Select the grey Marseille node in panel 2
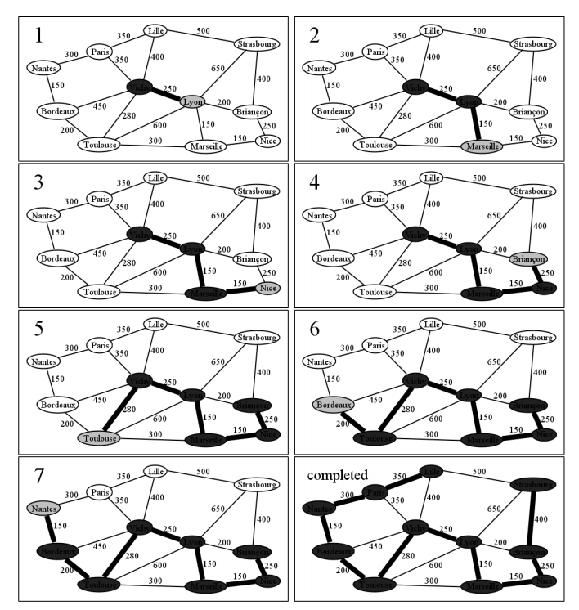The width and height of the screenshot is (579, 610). [482, 146]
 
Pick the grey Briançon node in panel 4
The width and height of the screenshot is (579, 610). [528, 258]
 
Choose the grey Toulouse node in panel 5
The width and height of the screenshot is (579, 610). [99, 438]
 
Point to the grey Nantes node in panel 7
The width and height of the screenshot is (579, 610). [44, 509]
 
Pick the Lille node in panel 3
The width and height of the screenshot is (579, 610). [155, 177]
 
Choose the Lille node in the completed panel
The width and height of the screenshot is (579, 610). [432, 472]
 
